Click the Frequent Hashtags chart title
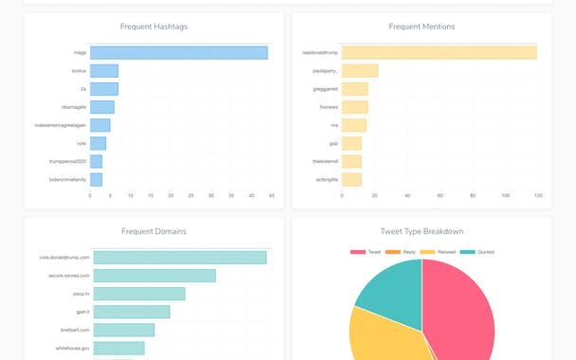154,27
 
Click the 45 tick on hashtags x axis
271,196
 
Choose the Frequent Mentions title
422,27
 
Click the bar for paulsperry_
359,71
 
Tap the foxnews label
329,107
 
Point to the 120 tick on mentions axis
537,196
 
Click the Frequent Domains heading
154,231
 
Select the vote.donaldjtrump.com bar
180,258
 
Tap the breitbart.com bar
124,330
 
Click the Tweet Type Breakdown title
422,231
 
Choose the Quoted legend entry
480,252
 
